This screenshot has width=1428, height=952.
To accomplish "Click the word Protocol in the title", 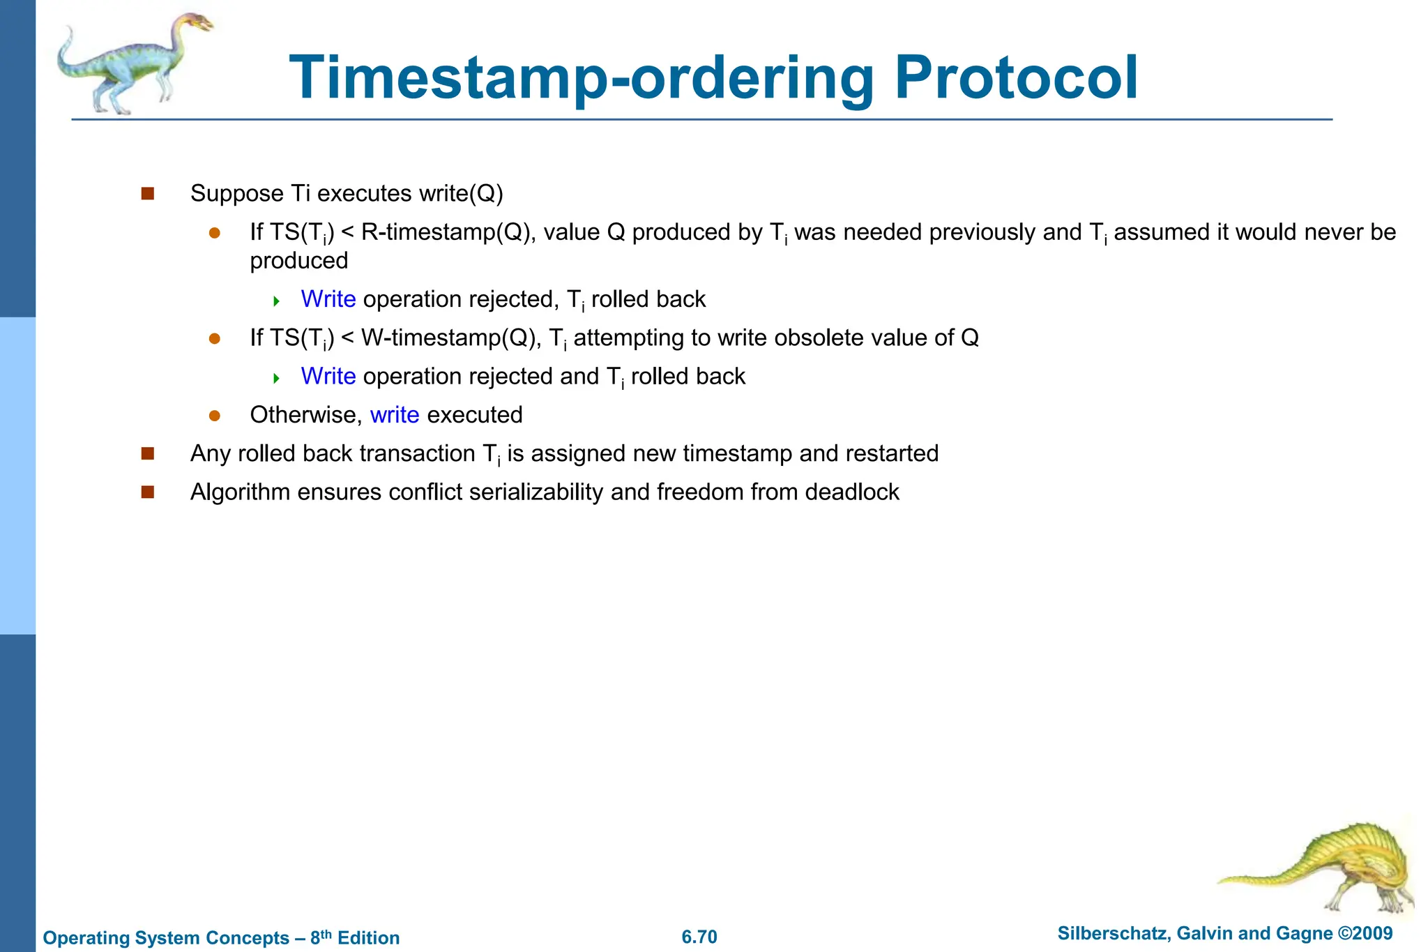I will click(1016, 78).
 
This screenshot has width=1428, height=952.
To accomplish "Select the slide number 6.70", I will click(699, 937).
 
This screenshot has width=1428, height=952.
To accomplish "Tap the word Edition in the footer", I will click(368, 937).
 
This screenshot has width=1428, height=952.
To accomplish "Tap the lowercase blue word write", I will click(395, 415).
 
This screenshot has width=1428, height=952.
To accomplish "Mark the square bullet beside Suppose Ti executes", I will click(147, 193).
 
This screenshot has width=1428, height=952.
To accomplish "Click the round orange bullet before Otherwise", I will click(215, 416).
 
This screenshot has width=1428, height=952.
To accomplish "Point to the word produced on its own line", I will click(298, 261).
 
